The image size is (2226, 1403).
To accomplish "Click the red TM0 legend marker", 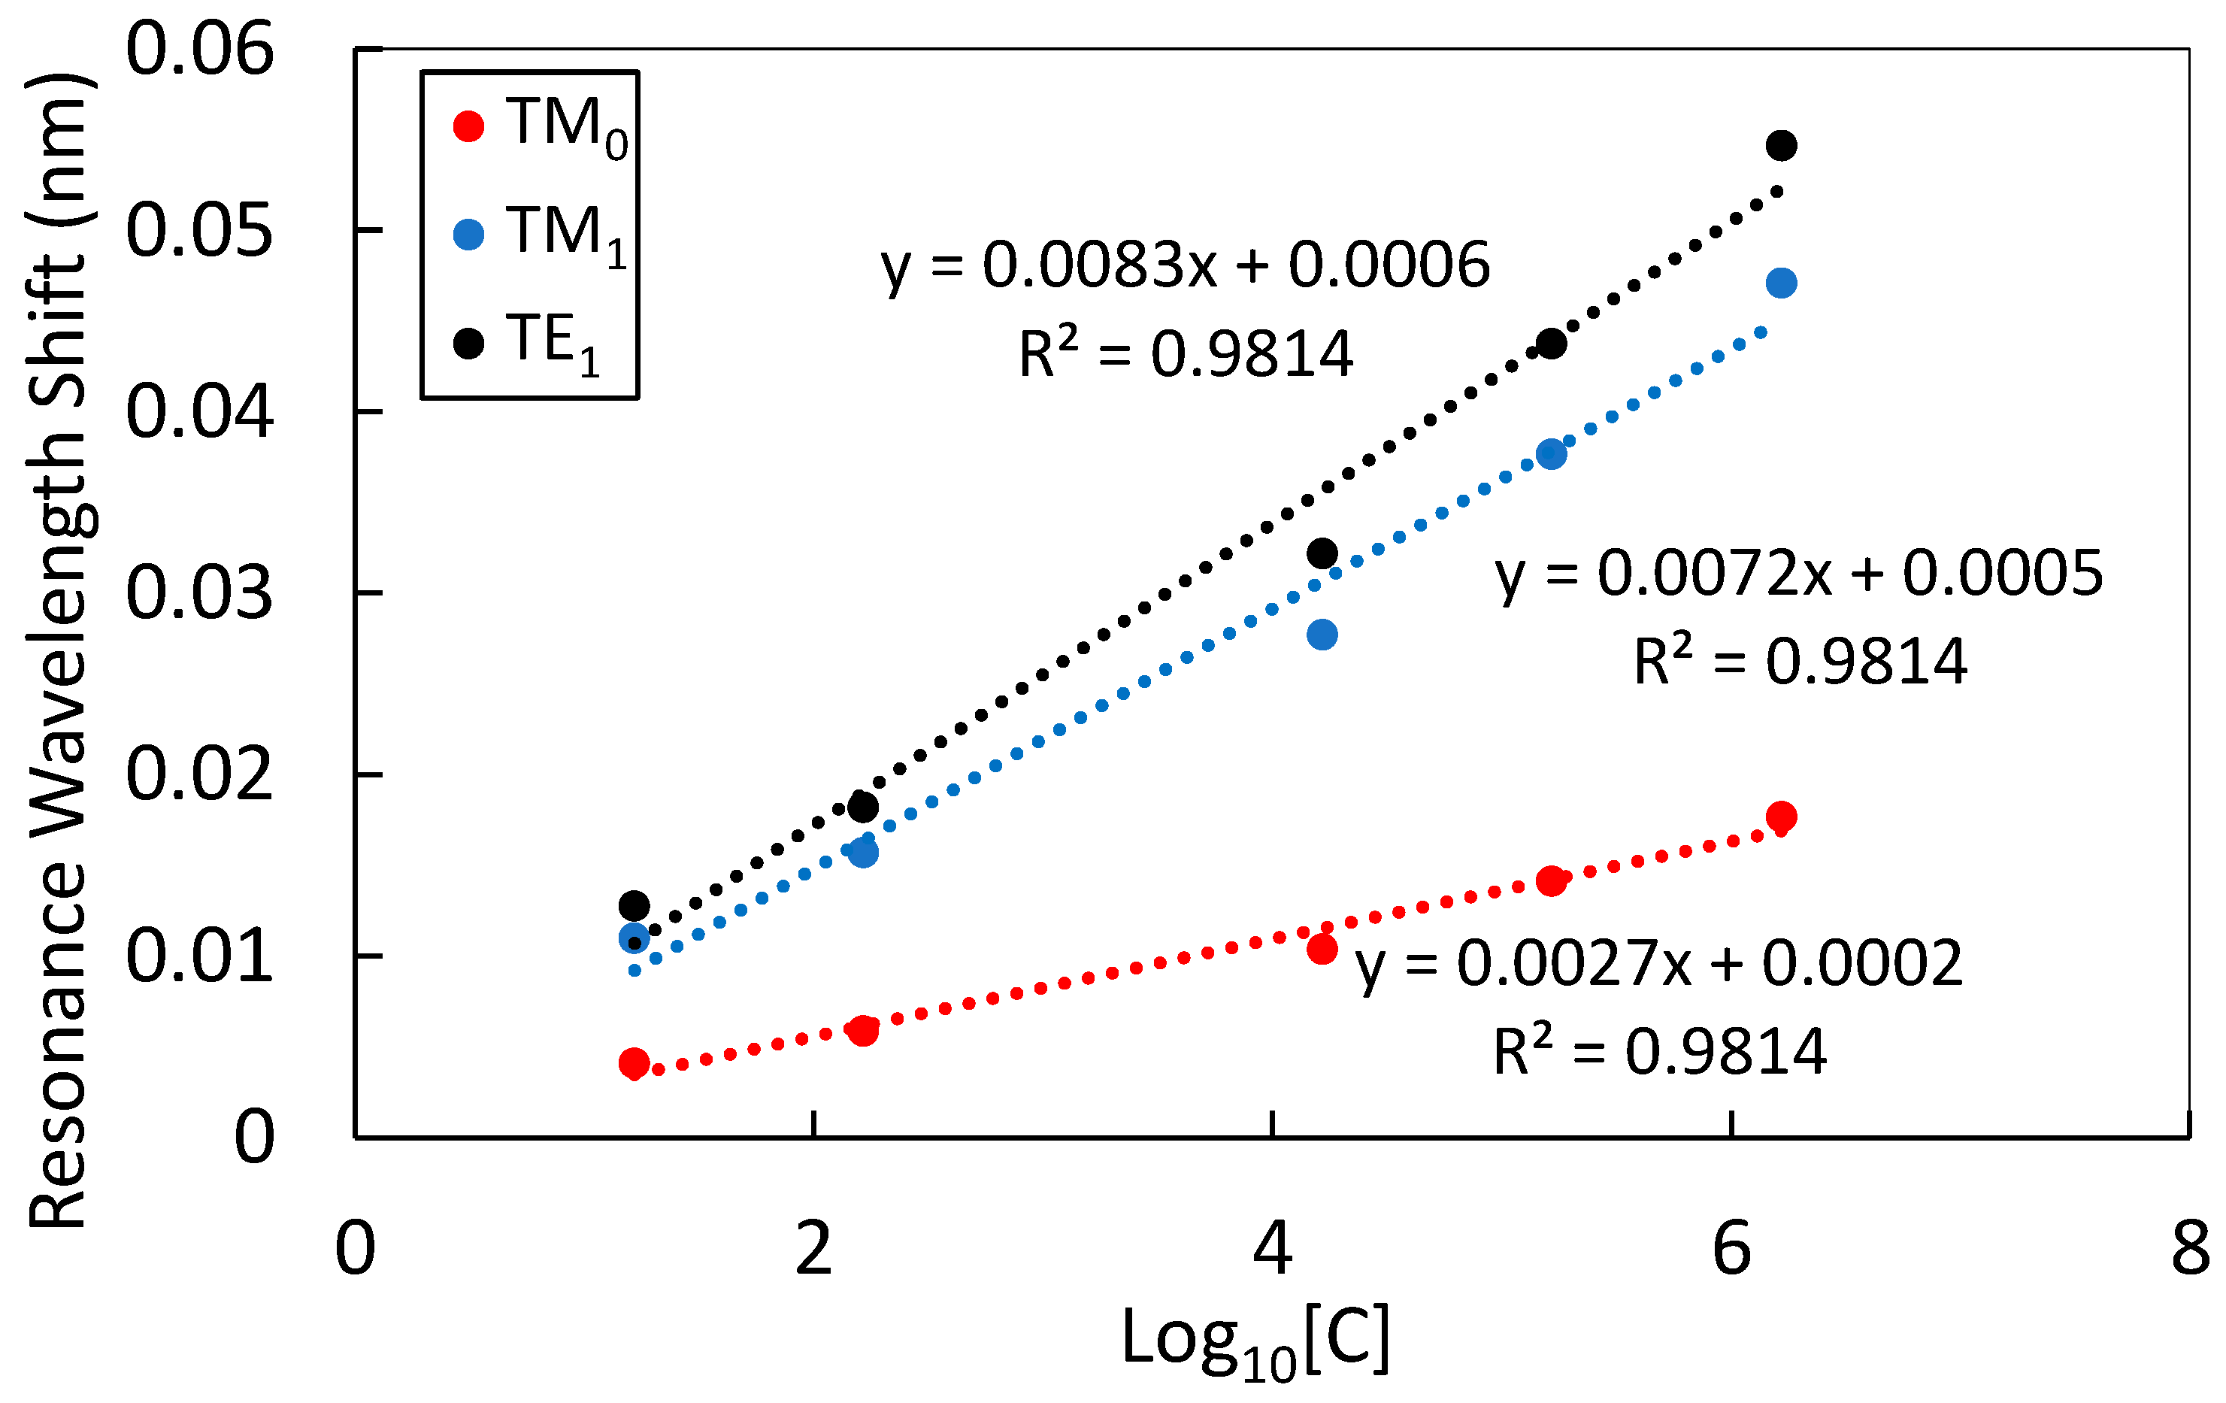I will point(468,126).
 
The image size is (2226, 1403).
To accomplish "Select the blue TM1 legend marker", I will point(468,235).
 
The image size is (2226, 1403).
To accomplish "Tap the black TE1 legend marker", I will point(468,344).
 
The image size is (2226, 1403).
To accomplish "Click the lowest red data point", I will point(633,1063).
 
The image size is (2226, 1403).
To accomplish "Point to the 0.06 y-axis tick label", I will point(200,50).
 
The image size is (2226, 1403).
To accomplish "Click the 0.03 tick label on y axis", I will point(200,593).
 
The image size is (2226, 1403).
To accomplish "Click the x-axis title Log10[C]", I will point(1255,1340).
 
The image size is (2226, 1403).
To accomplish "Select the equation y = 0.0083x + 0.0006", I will point(1185,266).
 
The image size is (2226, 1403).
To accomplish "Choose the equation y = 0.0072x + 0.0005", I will point(1799,574).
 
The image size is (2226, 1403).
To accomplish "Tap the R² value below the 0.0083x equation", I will point(1185,354).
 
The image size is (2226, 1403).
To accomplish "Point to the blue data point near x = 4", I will point(1322,635).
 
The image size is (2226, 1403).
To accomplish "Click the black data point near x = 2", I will point(862,807).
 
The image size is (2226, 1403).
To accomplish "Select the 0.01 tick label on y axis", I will point(200,958).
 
